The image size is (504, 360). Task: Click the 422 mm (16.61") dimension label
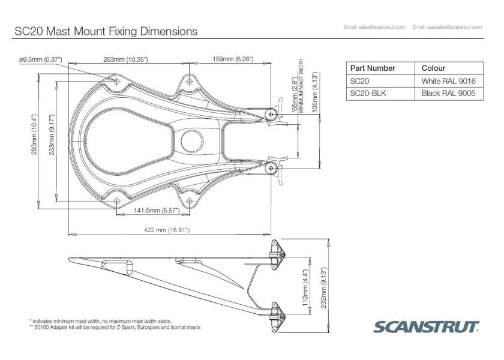167,230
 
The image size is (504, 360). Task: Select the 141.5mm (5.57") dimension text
157,210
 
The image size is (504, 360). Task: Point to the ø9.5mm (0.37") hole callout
41,59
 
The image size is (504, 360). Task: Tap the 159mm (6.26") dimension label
233,59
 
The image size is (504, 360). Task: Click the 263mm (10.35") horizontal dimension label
125,59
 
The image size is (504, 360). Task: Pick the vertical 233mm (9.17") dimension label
52,134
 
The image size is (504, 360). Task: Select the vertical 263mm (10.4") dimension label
34,134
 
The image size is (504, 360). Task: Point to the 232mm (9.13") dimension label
323,287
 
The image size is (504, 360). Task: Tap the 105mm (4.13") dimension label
314,92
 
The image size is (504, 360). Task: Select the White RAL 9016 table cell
449,81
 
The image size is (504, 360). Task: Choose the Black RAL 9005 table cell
449,94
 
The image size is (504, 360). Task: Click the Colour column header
433,68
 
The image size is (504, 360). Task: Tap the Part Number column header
373,68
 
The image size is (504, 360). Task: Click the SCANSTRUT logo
426,326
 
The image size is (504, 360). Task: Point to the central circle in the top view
192,142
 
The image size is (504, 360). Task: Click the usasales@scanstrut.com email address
447,27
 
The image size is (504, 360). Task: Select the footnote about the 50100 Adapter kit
115,328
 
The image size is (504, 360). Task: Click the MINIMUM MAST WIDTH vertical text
301,85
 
